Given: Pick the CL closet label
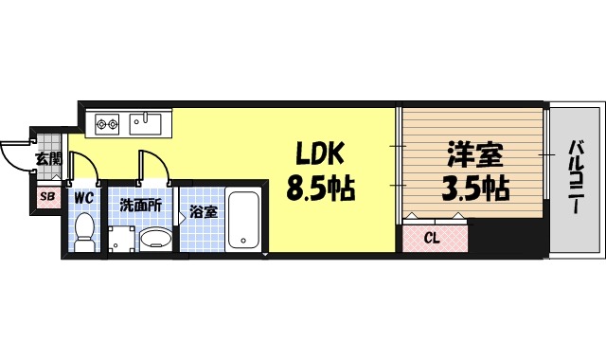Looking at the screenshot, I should pyautogui.click(x=432, y=237).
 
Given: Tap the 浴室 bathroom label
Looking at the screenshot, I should pyautogui.click(x=203, y=210).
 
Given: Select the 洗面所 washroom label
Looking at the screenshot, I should pyautogui.click(x=138, y=204).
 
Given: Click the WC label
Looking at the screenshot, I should pyautogui.click(x=83, y=199).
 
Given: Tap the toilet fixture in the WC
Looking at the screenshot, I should pyautogui.click(x=83, y=232).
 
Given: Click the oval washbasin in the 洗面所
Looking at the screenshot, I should pyautogui.click(x=155, y=238).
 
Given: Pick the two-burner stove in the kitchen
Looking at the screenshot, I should pyautogui.click(x=105, y=121).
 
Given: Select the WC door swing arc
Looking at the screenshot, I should pyautogui.click(x=85, y=165).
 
